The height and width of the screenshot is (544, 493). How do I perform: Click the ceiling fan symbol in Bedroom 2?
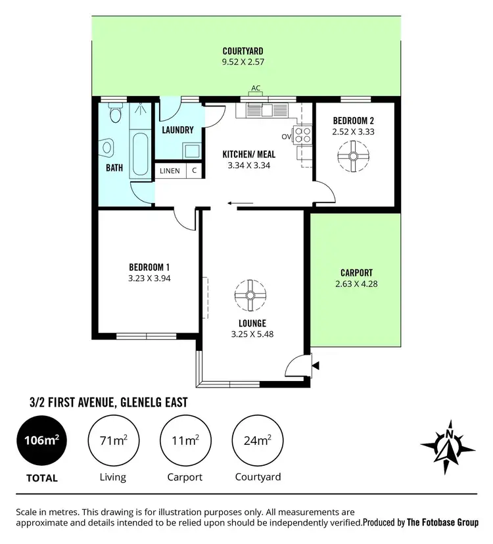tap(354, 156)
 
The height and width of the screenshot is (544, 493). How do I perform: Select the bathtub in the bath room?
tap(139, 145)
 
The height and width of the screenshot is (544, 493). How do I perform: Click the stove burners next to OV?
tap(303, 135)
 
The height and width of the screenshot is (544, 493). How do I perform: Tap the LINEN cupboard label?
tap(170, 171)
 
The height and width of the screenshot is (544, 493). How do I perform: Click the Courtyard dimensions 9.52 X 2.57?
tap(243, 62)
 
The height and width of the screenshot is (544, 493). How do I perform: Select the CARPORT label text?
tap(356, 273)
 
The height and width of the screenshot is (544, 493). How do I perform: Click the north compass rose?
tap(448, 447)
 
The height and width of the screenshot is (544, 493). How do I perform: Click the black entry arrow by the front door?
tap(316, 365)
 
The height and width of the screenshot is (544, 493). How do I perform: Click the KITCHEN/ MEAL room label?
tap(248, 154)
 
